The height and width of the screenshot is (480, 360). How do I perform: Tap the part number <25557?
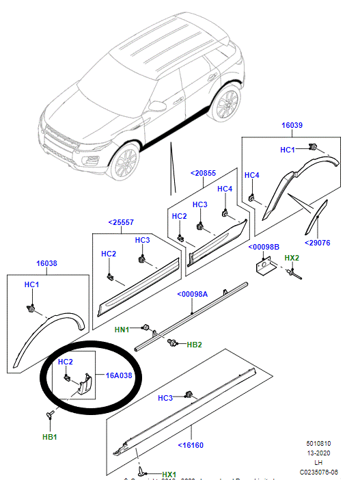[121, 222]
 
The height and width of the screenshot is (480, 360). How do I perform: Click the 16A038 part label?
[119, 375]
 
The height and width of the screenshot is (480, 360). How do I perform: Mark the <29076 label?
[318, 242]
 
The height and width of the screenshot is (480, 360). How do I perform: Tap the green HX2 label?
[292, 258]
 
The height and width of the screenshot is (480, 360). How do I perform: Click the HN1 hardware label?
[122, 330]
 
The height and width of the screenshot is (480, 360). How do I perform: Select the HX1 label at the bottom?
[169, 475]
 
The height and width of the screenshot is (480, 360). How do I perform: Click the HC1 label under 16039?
[288, 149]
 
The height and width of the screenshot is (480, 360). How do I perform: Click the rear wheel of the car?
[226, 104]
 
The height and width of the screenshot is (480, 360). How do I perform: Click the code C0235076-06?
[319, 471]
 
